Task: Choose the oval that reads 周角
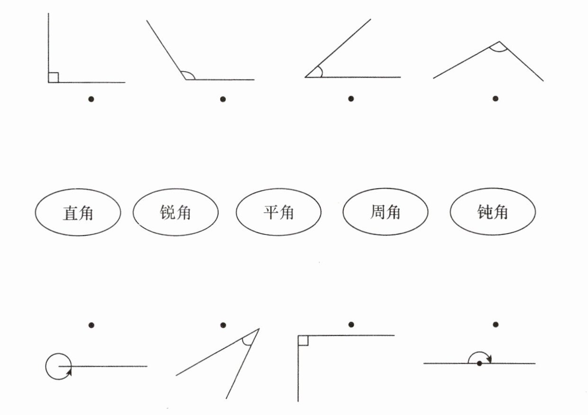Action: [385, 213]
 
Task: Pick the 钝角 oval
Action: [492, 213]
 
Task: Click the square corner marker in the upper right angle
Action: [53, 78]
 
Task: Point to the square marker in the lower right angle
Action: [303, 340]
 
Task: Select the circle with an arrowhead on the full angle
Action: [58, 366]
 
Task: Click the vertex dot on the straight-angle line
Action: [480, 363]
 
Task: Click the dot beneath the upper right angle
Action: [91, 99]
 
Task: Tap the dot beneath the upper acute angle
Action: [351, 99]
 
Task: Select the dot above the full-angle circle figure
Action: [91, 325]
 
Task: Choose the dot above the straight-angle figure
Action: [495, 325]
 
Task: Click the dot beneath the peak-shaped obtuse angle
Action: [495, 99]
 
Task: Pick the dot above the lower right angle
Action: [351, 325]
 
